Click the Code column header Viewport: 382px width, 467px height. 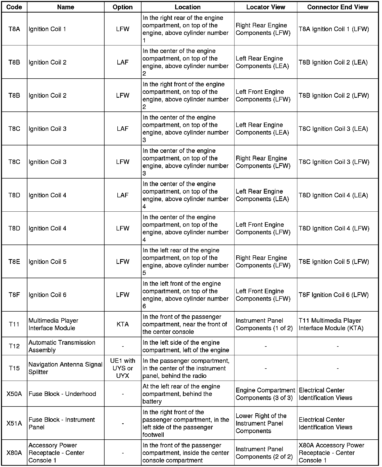click(14, 7)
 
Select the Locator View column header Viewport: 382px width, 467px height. click(266, 7)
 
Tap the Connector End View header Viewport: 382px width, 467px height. click(338, 7)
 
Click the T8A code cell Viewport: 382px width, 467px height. click(14, 29)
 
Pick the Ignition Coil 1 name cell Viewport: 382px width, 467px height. click(47, 29)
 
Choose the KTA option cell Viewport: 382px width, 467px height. click(123, 324)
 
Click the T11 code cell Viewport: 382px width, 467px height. click(14, 324)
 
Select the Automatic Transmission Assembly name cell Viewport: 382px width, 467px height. click(62, 346)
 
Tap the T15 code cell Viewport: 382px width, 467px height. click(14, 368)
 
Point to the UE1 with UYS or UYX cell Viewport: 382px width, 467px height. click(123, 368)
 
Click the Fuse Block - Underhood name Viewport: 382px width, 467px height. click(62, 394)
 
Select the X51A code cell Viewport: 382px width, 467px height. click(14, 424)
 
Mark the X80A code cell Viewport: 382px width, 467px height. click(14, 453)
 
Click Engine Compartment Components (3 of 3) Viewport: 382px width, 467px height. click(265, 394)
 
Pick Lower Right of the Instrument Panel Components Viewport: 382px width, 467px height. click(261, 424)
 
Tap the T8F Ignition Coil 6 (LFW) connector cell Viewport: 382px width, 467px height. click(334, 295)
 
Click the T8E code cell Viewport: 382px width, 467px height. click(14, 262)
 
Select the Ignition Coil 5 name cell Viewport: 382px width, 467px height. click(47, 262)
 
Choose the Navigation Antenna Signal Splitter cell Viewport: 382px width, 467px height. click(65, 368)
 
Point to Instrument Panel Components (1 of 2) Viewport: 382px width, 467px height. click(264, 324)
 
